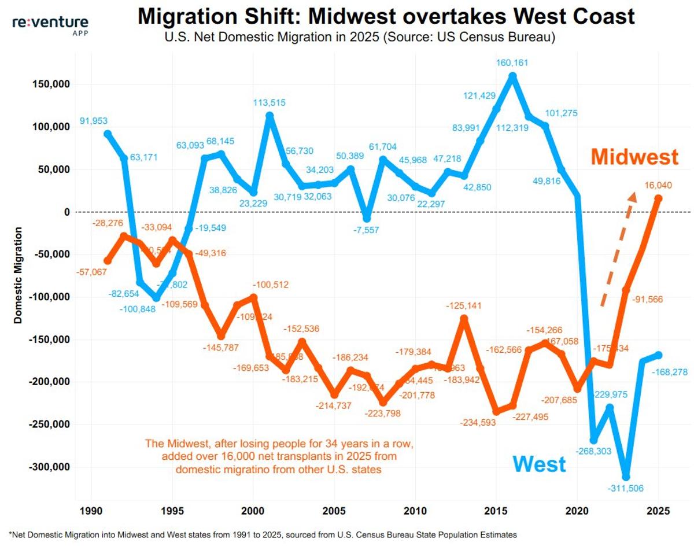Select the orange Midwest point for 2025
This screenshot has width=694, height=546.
pyautogui.click(x=658, y=198)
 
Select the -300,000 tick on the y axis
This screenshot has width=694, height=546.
pyautogui.click(x=49, y=467)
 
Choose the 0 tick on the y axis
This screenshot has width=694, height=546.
pyautogui.click(x=66, y=212)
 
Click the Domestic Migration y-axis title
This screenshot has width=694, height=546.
pyautogui.click(x=19, y=275)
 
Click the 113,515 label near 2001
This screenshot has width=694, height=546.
pyautogui.click(x=270, y=103)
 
